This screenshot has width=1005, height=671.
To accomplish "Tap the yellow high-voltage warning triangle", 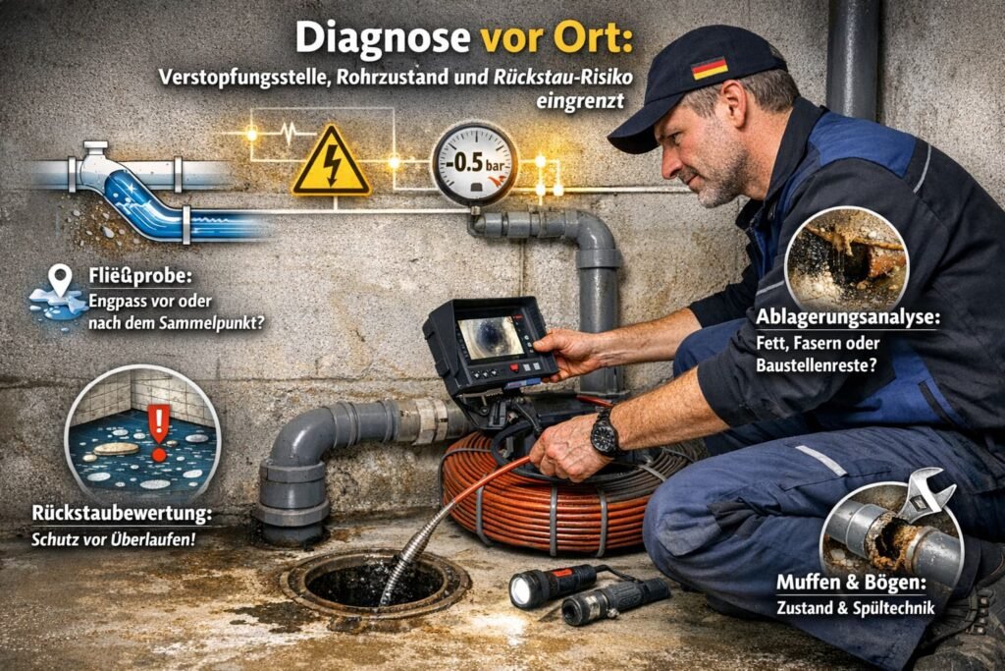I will pyautogui.click(x=331, y=162).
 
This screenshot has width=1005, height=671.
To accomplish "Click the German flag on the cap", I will pyautogui.click(x=709, y=68).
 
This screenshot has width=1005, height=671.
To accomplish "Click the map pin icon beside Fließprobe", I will pyautogui.click(x=61, y=277).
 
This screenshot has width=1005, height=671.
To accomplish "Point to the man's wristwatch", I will pyautogui.click(x=605, y=433).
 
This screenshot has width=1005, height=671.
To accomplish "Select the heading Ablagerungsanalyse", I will pyautogui.click(x=846, y=318).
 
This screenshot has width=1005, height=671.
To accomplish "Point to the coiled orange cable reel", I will pyautogui.click(x=550, y=481).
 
